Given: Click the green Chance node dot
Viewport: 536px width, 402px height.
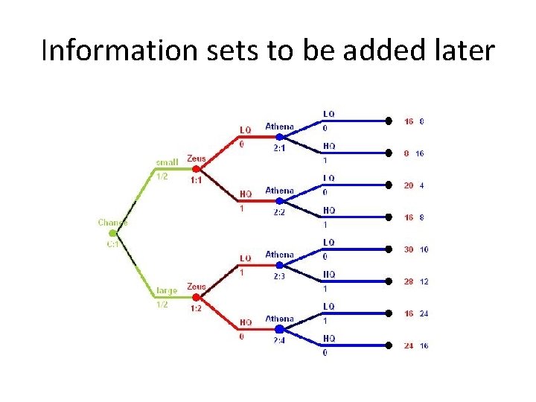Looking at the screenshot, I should [113, 233].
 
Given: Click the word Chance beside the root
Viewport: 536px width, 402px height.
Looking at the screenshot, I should [112, 222].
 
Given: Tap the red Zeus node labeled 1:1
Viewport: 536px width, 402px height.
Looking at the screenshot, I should [197, 169].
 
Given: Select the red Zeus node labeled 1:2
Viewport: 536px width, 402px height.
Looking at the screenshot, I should [197, 297].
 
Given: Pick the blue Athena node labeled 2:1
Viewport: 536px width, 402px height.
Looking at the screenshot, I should [279, 137].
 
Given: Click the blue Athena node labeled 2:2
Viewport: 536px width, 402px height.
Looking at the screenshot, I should [279, 201].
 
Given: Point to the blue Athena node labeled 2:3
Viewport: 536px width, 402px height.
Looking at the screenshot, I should [279, 265].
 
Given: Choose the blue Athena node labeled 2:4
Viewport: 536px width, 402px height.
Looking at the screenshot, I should [279, 328].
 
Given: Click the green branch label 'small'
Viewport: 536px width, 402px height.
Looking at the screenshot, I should [166, 162].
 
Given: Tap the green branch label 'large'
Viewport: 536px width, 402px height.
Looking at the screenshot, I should [167, 290].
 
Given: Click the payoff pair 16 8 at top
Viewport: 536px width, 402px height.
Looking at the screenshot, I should [414, 121].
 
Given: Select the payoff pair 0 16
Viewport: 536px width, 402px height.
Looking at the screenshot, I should [414, 153].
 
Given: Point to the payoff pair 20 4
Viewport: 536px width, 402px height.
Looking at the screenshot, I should [415, 185].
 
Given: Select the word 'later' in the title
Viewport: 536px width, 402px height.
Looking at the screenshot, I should [464, 51].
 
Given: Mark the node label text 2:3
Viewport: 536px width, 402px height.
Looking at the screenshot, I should [279, 276].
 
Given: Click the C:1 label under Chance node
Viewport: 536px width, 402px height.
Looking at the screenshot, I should [112, 244].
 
